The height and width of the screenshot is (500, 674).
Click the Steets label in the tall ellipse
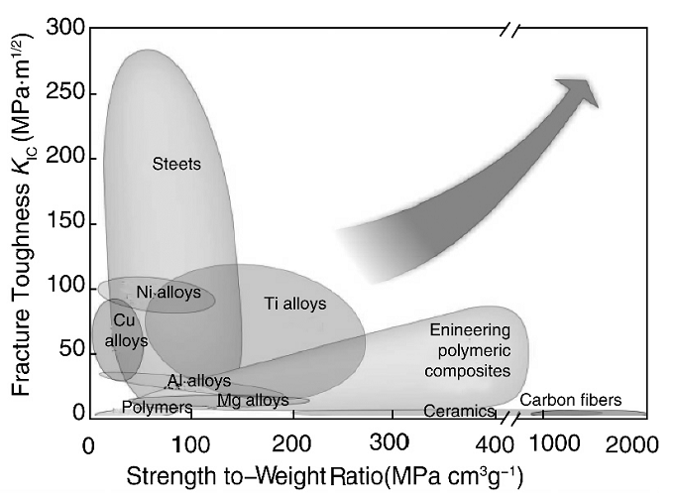point(176,164)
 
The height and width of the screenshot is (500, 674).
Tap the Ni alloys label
point(168,293)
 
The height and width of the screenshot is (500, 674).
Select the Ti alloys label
point(294,304)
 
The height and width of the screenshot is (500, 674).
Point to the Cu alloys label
point(124,331)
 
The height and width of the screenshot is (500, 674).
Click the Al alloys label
point(198,381)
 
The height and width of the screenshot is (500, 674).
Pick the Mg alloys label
point(253,400)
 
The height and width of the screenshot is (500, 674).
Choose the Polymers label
point(157,407)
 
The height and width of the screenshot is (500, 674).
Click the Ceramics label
point(458,410)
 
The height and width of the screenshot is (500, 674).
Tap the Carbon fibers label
point(571,400)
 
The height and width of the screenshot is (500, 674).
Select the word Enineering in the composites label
point(470,330)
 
